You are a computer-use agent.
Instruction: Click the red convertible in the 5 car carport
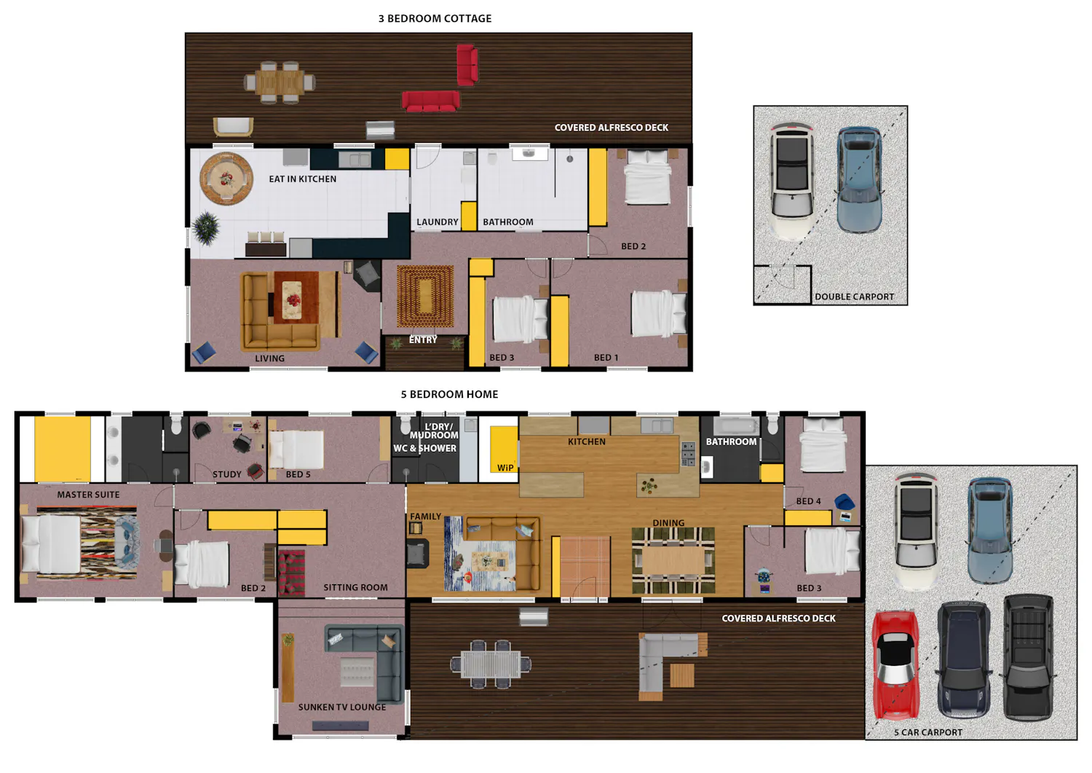point(896,664)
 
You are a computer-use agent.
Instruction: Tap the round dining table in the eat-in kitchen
point(226,178)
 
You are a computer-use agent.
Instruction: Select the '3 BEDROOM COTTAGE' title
point(435,18)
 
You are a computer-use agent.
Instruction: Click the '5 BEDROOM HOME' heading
point(449,394)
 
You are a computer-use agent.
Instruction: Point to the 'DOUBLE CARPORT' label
point(855,297)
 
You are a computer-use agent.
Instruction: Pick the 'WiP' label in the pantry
point(505,468)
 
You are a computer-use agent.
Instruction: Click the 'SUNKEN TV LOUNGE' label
point(341,707)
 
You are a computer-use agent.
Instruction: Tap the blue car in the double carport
point(859,179)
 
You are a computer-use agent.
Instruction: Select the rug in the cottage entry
point(425,296)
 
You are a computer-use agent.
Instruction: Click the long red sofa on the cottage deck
point(430,101)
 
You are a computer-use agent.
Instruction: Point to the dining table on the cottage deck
point(280,82)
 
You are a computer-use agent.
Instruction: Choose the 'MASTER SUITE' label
point(88,495)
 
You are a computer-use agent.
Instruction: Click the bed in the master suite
point(51,544)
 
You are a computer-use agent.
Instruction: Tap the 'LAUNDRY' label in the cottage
point(438,222)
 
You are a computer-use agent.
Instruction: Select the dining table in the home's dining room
point(673,560)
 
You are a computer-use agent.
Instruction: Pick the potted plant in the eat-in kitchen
point(206,227)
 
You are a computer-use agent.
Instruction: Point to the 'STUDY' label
point(226,474)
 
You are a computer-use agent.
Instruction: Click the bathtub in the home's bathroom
point(736,426)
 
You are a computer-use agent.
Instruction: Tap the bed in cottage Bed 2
point(647,176)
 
